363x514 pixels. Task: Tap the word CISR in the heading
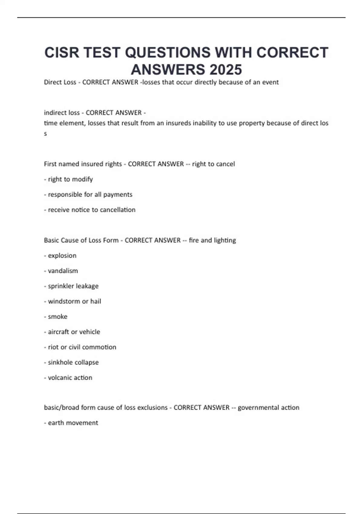pos(62,53)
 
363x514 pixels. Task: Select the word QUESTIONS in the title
pos(168,53)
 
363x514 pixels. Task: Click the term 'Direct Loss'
pos(60,82)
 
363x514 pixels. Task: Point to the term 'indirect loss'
pos(62,113)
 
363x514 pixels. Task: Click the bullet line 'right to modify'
pos(70,179)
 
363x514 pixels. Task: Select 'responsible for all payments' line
pos(90,194)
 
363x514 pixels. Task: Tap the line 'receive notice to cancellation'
pos(91,210)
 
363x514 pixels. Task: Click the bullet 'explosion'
pos(62,255)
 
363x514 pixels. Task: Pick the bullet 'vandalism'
pos(63,271)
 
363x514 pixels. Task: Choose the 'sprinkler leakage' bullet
pos(73,286)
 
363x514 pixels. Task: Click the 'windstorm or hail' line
pos(74,301)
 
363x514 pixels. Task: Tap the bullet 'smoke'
pos(57,317)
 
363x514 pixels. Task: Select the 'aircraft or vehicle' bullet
pos(74,332)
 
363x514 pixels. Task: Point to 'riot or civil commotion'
pos(82,347)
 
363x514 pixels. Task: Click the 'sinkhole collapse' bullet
pos(73,362)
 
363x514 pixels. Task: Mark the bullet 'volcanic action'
pos(70,378)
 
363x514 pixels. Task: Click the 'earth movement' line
pos(73,423)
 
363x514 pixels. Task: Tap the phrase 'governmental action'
pos(268,408)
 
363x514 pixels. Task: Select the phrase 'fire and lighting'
pos(212,240)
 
